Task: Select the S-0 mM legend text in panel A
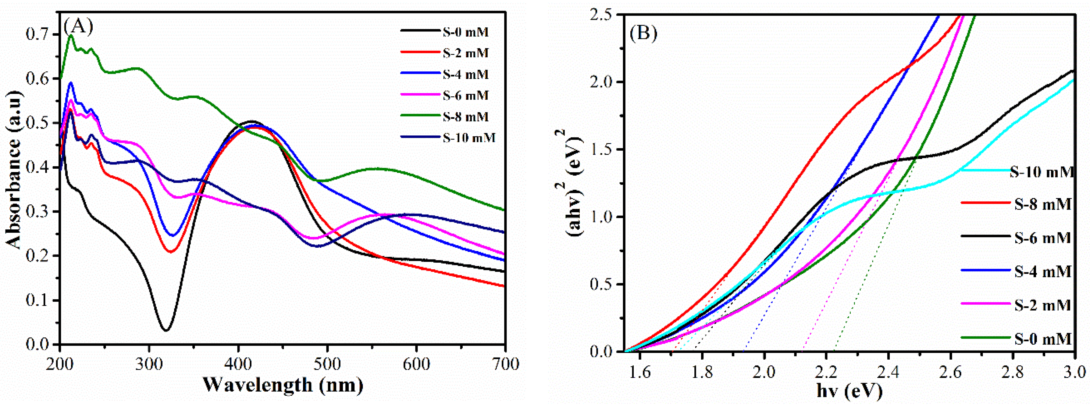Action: click(x=465, y=32)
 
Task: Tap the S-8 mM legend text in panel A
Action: click(x=465, y=117)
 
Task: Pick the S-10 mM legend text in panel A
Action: click(x=469, y=138)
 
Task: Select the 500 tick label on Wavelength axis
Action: click(x=327, y=365)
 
